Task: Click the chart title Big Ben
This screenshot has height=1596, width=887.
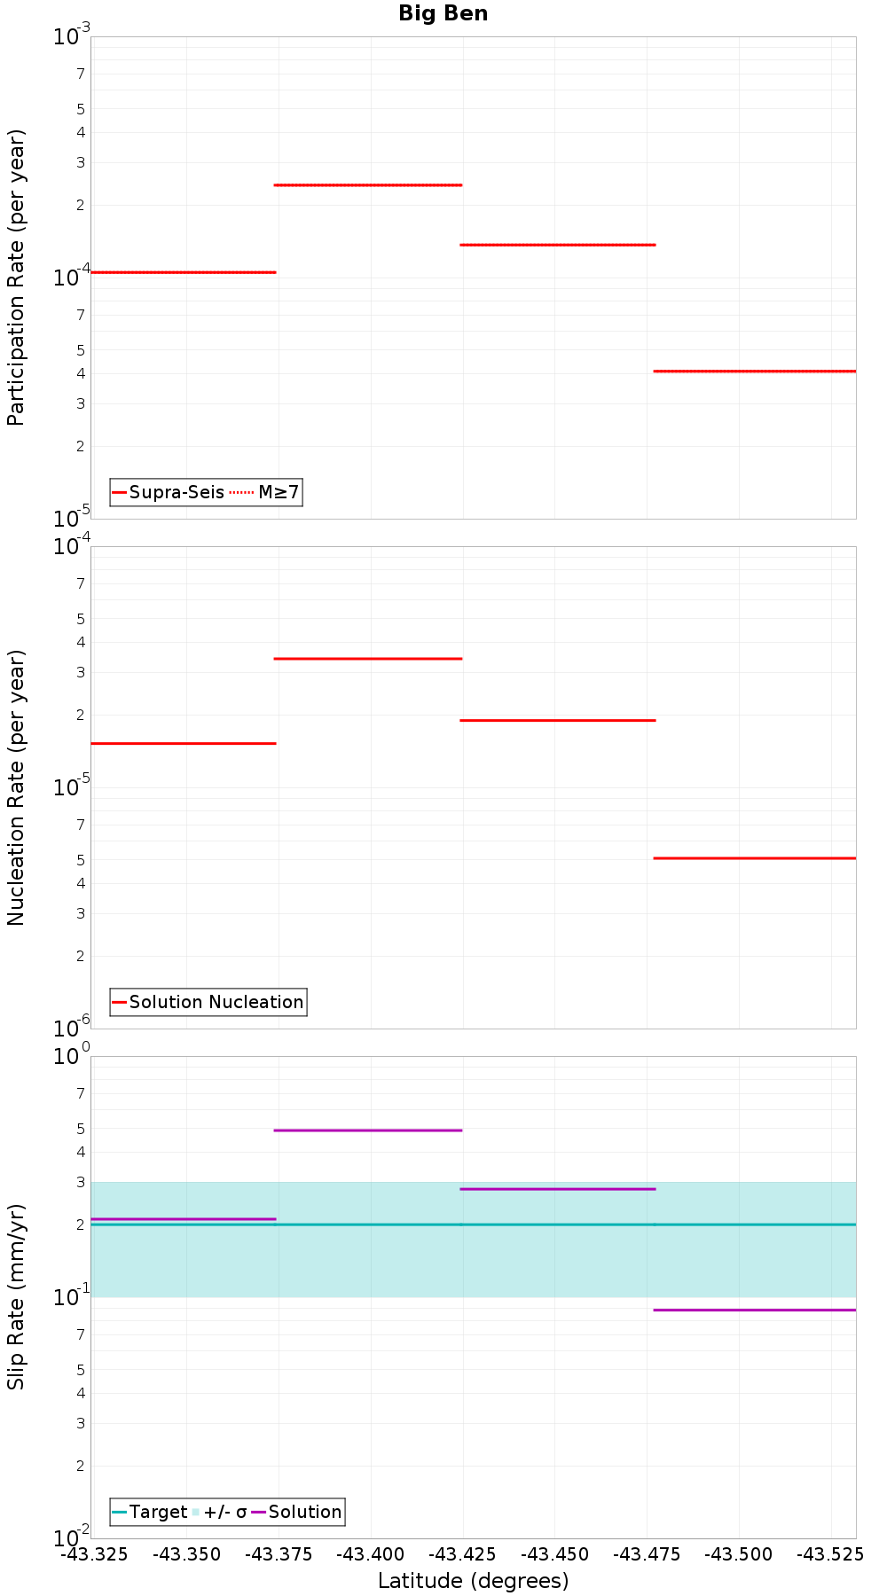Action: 443,13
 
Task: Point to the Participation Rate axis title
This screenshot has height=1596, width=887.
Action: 16,278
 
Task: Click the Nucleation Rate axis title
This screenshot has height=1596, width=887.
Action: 16,787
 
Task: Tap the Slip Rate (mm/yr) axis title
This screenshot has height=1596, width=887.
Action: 16,1297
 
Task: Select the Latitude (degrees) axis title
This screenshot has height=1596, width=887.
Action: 473,1581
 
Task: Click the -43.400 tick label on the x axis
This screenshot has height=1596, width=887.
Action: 371,1554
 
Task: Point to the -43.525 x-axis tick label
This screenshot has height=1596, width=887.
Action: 830,1554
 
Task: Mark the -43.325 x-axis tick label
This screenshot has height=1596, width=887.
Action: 94,1554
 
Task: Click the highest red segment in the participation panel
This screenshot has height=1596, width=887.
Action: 368,185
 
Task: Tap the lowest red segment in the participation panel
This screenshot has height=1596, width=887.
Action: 754,371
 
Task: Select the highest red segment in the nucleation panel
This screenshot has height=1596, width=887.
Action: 368,659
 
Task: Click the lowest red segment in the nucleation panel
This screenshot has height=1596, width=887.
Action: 754,858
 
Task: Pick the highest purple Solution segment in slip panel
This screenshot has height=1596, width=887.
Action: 368,1130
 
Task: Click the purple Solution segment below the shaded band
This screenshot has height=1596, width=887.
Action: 754,1310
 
